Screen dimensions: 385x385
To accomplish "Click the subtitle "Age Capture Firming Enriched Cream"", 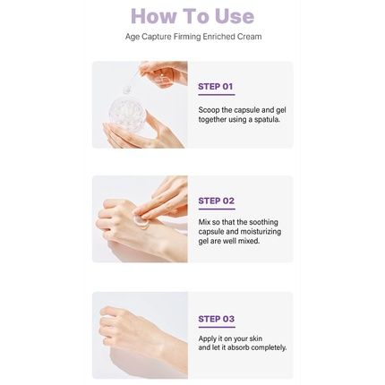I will pos(192,41).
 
